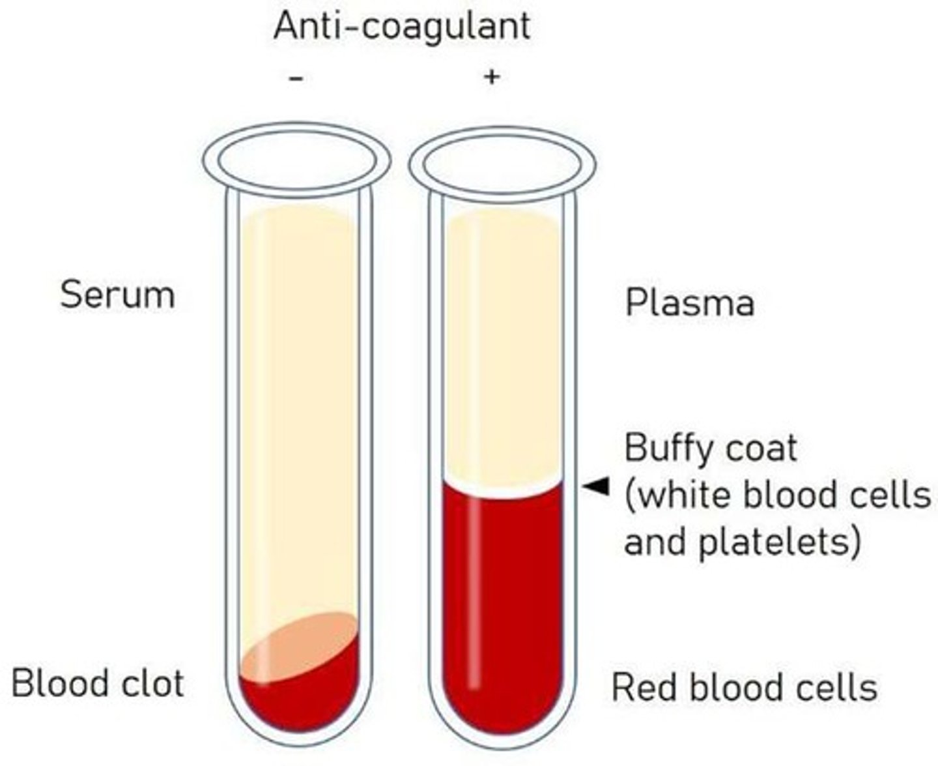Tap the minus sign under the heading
(296, 79)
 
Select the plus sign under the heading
(492, 77)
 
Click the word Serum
(117, 295)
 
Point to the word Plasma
(689, 303)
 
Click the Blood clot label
(98, 684)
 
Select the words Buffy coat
(710, 449)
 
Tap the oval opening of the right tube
(502, 163)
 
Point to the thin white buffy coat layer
(502, 491)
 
